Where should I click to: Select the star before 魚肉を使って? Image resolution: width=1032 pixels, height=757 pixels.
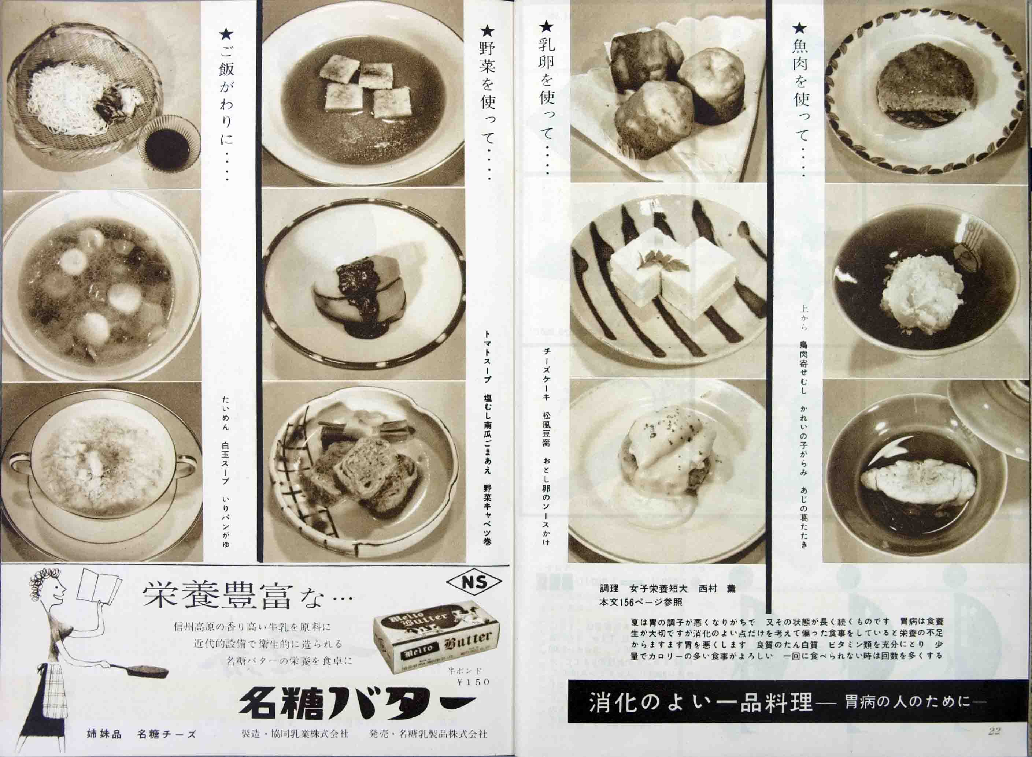pyautogui.click(x=800, y=29)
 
